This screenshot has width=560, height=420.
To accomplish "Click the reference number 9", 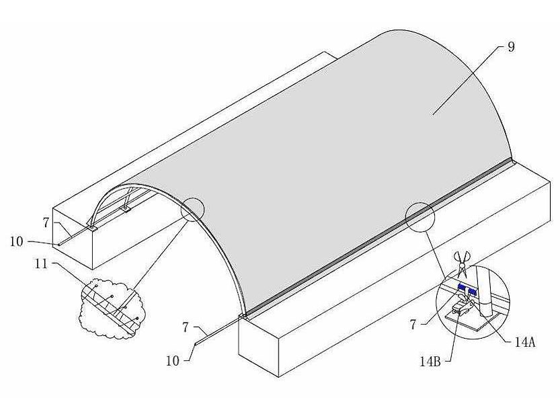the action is coord(512,46).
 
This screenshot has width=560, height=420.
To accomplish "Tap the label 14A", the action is coord(524,342).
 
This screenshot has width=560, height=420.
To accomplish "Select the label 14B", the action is coord(430,362).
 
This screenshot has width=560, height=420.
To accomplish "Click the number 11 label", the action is coord(41,264).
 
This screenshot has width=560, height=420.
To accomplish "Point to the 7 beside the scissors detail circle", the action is coord(413,325).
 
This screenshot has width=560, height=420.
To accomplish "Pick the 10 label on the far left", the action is coord(16,242).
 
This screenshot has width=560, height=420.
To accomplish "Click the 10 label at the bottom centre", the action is coord(173,361).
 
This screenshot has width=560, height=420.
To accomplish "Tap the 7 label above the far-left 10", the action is coord(46,223).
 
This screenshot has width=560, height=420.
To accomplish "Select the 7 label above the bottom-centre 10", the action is coord(186,327).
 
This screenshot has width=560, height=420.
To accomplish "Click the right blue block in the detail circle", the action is coord(473,291).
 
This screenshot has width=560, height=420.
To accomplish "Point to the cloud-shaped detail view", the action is coord(112,308).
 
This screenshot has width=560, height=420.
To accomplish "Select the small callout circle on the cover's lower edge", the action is coord(420,217).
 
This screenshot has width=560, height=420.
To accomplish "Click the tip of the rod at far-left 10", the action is coord(59,245).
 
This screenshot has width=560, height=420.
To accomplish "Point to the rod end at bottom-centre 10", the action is coord(195,344).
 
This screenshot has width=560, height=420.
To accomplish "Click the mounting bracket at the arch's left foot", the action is coord(92,228).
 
